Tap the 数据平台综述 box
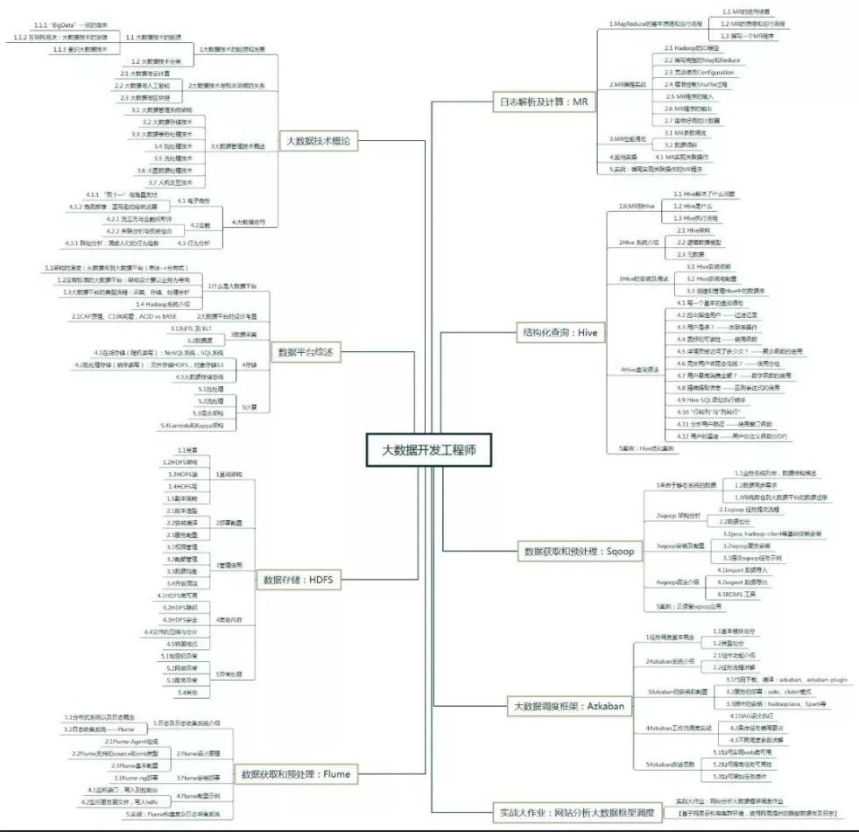[x=306, y=351]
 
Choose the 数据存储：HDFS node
[x=300, y=579]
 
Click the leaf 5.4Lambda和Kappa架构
[x=191, y=425]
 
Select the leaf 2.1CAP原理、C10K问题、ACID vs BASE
[x=123, y=315]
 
